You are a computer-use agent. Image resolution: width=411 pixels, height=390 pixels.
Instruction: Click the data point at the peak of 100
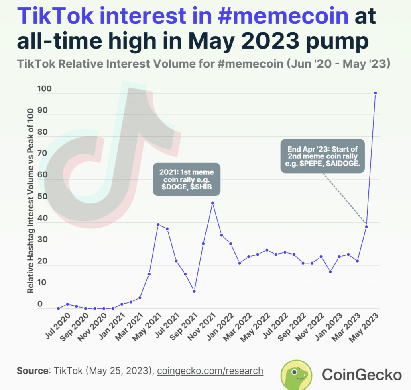point(375,93)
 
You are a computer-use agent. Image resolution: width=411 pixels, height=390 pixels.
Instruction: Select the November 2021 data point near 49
point(212,203)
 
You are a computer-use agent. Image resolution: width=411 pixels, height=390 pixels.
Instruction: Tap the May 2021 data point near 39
point(158,224)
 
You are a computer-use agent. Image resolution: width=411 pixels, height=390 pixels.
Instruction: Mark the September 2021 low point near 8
point(194,291)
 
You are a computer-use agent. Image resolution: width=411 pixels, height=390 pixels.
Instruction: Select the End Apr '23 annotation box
point(323,156)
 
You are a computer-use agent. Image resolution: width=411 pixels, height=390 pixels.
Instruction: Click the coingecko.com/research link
point(210,371)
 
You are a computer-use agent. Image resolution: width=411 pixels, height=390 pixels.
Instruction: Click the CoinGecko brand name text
point(362,375)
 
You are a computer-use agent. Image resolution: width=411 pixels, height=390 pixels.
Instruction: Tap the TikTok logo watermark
point(112,157)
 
